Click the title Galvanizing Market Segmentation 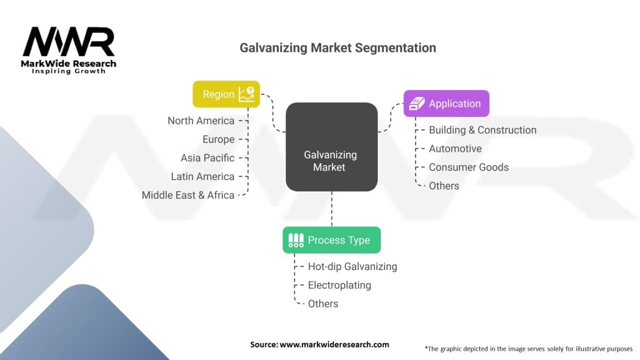pos(337,48)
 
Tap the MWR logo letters pos(69,42)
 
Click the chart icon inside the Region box pos(246,94)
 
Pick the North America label pos(201,121)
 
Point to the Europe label pos(218,139)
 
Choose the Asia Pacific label pos(207,158)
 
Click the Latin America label pos(202,177)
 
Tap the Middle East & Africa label pos(187,195)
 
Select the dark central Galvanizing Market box pos(331,146)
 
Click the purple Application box pos(446,104)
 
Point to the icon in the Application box pos(417,104)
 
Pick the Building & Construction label pos(482,130)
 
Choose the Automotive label pos(455,149)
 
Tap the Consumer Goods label pos(469,167)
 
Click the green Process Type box pos(331,240)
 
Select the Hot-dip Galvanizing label pos(352,266)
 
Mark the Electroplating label pos(339,285)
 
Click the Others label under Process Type pos(323,304)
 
